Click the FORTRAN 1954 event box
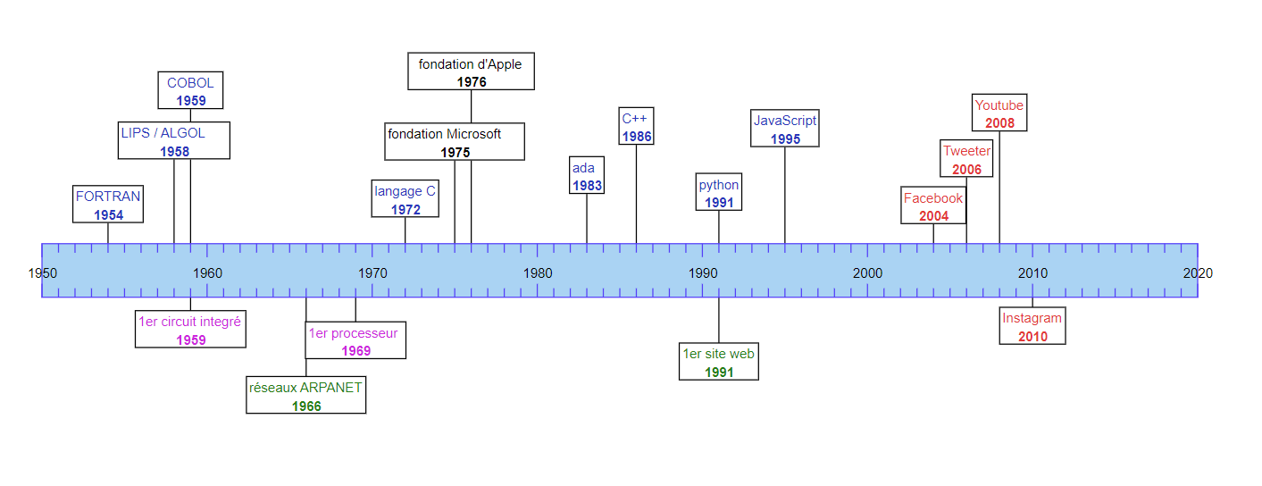point(108,205)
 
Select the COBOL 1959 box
point(190,91)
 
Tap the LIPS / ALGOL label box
point(174,141)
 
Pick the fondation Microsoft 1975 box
point(455,142)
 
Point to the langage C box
point(405,199)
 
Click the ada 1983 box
point(586,176)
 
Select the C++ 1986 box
point(636,127)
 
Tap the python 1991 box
point(719,193)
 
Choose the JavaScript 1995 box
point(785,129)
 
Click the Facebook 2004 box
point(933,205)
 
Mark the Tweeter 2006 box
point(966,159)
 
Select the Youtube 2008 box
point(999,113)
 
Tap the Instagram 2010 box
point(1032,326)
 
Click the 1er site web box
point(719,362)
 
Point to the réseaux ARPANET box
point(306,396)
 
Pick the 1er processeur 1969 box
point(355,341)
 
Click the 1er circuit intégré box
point(190,330)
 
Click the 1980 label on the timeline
point(538,272)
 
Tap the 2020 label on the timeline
point(1198,272)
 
